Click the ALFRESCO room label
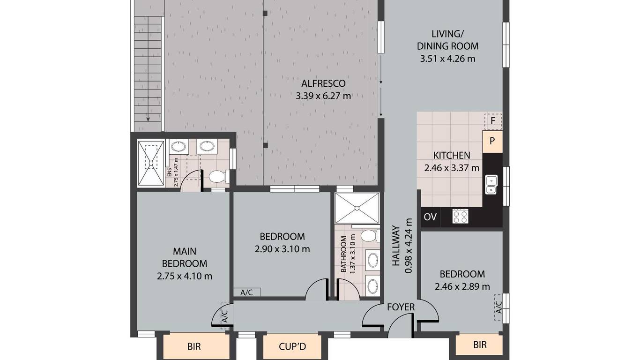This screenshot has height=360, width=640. coord(323,83)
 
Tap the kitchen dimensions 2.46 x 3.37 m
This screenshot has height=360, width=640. coord(452,168)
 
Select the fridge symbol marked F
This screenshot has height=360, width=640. coord(493,121)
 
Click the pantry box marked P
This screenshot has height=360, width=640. coord(492,141)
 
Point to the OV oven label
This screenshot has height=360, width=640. coord(430,217)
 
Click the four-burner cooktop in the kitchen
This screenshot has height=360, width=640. coord(460,216)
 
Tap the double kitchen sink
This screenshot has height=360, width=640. coord(491,185)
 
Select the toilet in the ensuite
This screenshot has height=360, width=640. coord(219,176)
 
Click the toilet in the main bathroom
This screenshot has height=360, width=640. coord(370,236)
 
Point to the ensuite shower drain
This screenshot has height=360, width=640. coord(151,163)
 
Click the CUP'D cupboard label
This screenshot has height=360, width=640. coord(292,347)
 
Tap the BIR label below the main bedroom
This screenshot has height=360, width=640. coord(194,346)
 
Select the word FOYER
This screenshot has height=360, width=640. coord(401,307)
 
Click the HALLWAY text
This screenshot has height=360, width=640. coord(395,246)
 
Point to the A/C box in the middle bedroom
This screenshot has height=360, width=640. coord(247,292)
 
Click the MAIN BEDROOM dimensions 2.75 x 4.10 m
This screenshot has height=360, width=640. coord(185,276)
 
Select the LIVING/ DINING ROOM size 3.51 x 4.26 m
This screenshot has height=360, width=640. coord(448,59)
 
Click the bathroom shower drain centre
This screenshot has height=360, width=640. coord(357,208)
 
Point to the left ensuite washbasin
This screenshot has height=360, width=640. coord(179,146)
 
